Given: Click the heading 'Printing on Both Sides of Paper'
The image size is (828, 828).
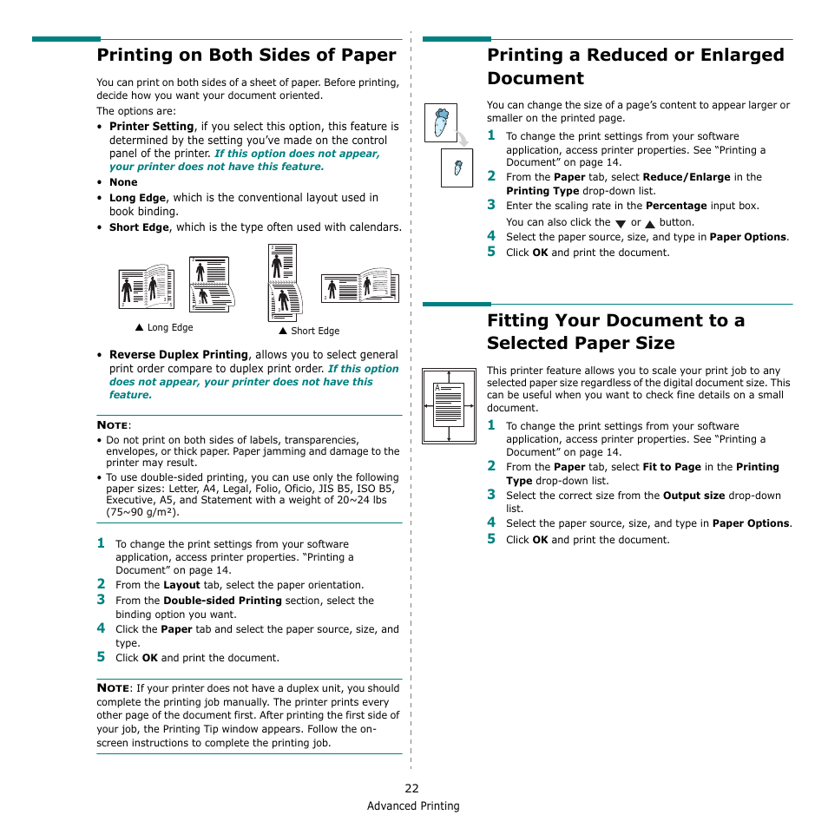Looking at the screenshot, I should tap(246, 56).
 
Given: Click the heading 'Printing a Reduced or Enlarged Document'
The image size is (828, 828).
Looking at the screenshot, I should tap(634, 66).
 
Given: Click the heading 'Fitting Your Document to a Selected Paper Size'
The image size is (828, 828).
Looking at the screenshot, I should tap(615, 332).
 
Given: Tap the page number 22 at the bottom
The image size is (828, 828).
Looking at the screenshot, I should tap(411, 788).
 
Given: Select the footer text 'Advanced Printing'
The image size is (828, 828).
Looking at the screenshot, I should tap(413, 805).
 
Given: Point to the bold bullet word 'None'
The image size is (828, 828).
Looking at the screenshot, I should tap(123, 182).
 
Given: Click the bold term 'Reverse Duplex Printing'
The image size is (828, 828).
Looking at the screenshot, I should tap(179, 355).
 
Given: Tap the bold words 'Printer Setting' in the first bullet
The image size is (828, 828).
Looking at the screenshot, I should tap(151, 127).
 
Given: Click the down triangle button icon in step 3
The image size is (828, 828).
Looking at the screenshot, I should tap(621, 224).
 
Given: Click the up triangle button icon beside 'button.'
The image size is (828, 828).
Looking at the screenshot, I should tap(650, 224).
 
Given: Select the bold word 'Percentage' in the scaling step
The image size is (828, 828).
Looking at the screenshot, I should tap(676, 207).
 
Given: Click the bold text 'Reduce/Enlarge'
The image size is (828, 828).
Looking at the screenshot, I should tap(687, 177).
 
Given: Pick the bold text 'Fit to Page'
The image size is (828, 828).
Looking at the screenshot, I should tap(672, 467).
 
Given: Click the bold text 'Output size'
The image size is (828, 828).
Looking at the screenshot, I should tap(693, 496).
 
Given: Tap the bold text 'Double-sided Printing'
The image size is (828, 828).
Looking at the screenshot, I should tap(222, 601).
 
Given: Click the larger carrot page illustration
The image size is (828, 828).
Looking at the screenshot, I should tap(441, 122).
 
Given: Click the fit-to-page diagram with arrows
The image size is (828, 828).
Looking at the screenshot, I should tap(449, 405).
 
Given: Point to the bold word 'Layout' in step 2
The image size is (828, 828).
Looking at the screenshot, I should tap(181, 585).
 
